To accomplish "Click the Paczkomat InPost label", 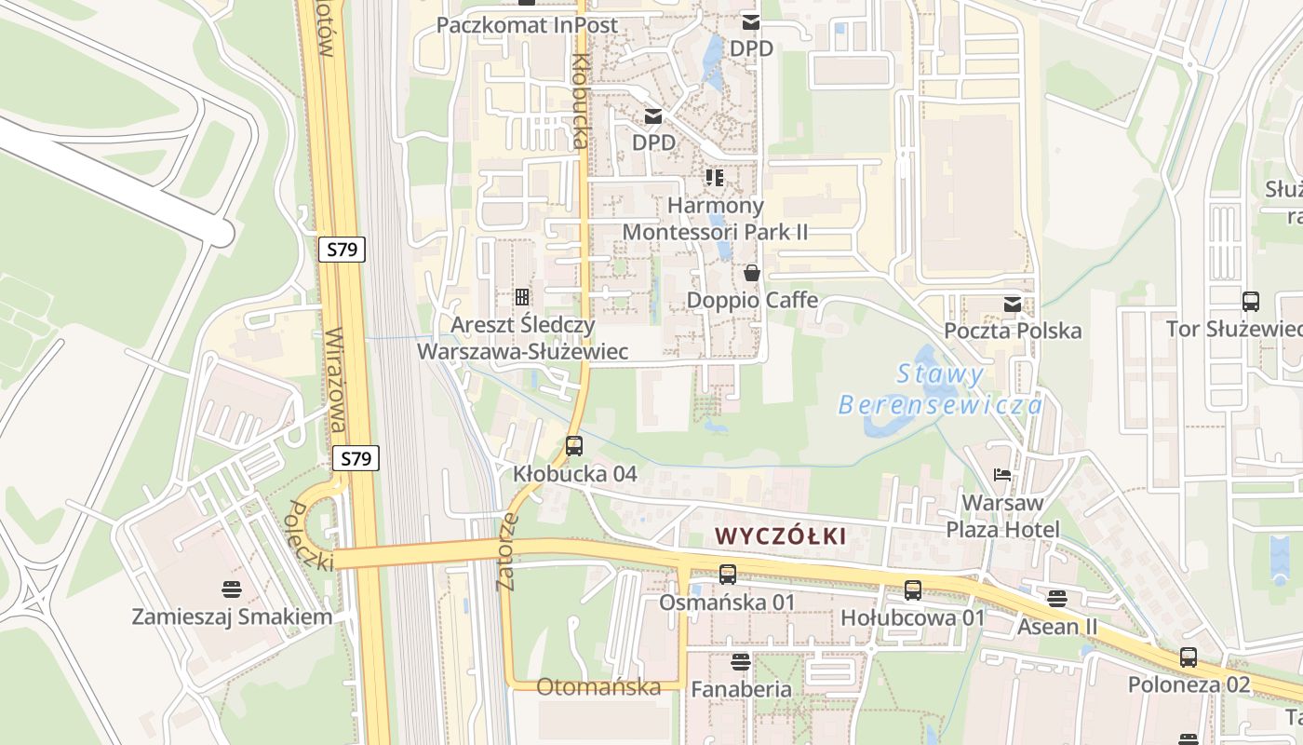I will click(527, 25).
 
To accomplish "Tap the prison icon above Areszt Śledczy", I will click(522, 297).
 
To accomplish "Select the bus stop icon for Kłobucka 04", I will click(574, 445).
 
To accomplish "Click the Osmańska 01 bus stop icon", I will click(728, 575).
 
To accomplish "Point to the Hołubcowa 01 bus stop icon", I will click(913, 589).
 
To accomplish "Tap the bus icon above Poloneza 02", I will click(1189, 657).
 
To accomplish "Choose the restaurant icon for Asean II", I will click(1057, 598).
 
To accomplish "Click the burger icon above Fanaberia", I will click(741, 661).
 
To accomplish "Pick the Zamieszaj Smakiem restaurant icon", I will click(232, 589).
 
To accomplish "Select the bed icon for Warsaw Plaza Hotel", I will click(1002, 475).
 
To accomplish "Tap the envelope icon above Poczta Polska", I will click(1013, 304).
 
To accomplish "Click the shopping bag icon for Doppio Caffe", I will click(752, 272).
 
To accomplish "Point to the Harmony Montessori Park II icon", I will click(715, 176).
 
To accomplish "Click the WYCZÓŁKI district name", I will click(780, 535).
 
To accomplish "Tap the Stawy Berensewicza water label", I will click(940, 390).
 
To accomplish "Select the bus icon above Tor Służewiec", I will click(1251, 301).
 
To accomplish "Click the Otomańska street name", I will click(598, 687).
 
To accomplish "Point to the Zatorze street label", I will click(507, 551).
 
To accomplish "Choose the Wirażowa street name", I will click(336, 380).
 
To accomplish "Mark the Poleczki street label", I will click(310, 536).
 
